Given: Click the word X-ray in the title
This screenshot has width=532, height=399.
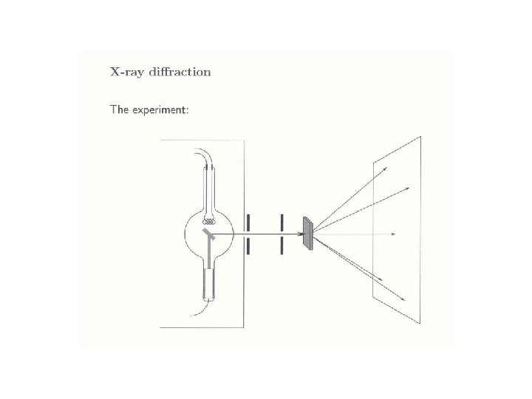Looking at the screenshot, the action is click(x=127, y=72).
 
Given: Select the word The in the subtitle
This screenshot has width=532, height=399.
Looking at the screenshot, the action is click(x=120, y=109).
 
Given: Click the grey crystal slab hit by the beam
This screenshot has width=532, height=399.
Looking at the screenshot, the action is click(x=307, y=233).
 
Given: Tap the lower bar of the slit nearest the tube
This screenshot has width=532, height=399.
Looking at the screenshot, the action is click(x=248, y=246).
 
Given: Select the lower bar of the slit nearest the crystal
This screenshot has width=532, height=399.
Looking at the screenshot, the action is click(x=281, y=246).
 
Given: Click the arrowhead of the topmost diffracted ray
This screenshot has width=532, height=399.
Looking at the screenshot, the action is click(x=386, y=169).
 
